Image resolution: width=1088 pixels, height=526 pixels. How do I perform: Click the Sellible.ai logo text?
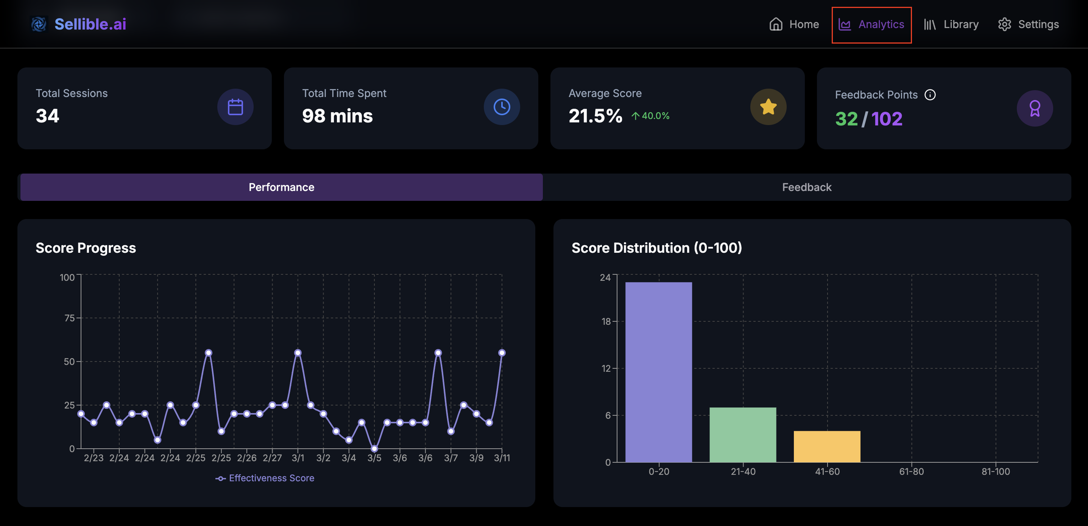(90, 24)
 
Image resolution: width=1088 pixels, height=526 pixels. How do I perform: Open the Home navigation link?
(793, 24)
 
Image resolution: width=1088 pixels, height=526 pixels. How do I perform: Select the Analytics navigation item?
(871, 25)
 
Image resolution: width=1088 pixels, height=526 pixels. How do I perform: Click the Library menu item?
(951, 24)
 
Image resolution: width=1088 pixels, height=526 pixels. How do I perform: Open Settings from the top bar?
(1028, 24)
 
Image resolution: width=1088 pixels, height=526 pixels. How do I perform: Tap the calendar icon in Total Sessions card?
(235, 107)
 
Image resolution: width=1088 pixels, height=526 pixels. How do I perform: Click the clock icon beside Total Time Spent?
(501, 107)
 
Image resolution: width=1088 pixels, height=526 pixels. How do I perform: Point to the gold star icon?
(768, 107)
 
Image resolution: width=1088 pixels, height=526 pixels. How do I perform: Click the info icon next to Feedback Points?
(930, 95)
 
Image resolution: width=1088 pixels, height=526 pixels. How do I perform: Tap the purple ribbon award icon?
(1034, 108)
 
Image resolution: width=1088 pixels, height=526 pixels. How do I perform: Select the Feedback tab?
(806, 187)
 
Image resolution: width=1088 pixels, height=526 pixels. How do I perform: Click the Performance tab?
(281, 187)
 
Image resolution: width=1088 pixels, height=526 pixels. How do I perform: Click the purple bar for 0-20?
(658, 372)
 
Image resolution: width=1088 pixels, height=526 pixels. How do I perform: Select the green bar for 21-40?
(742, 435)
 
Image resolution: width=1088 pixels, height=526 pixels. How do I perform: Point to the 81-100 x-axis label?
(995, 471)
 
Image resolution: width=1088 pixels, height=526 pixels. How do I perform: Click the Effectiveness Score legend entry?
(265, 478)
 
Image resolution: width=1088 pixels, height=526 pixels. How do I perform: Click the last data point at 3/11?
(502, 353)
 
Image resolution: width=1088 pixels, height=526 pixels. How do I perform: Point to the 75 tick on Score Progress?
(69, 318)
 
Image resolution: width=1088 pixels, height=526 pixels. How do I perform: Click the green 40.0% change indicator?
(650, 116)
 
